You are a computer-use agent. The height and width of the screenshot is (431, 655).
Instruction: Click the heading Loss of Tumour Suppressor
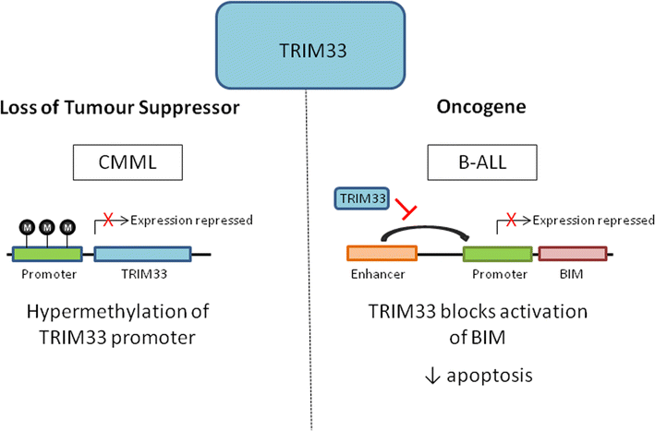click(x=120, y=108)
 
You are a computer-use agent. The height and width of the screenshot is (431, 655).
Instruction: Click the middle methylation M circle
click(x=46, y=225)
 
